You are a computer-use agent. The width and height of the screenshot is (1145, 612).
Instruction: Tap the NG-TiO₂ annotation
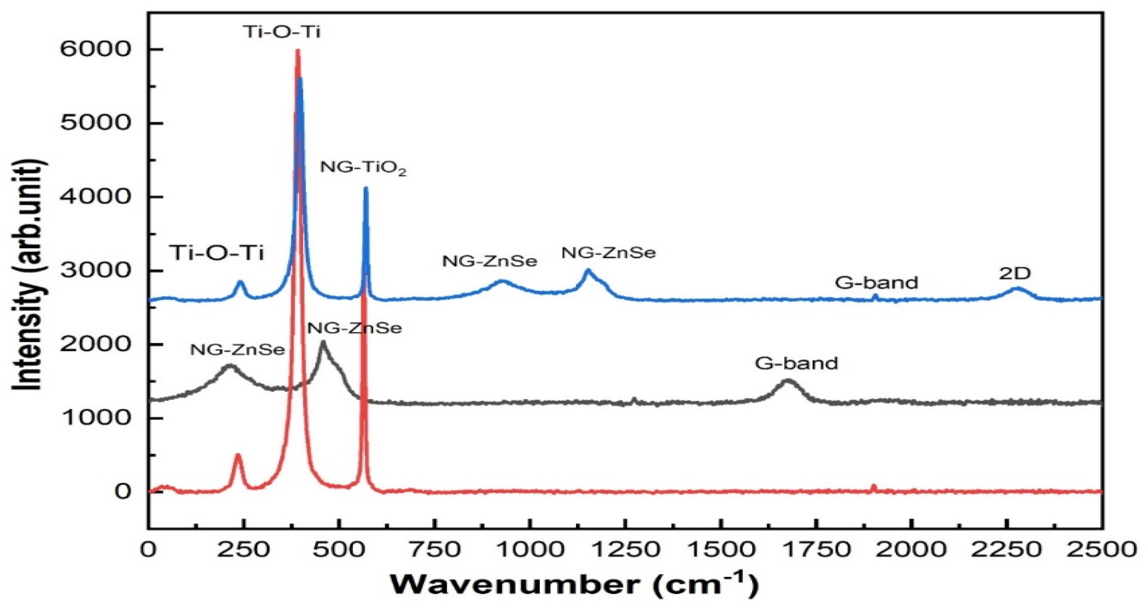pos(364,169)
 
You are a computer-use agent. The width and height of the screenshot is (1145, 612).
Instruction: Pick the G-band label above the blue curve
pos(876,282)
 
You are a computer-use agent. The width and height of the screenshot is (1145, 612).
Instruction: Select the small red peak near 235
pos(238,455)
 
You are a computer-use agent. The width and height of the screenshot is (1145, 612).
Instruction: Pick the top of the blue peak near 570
pos(366,188)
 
